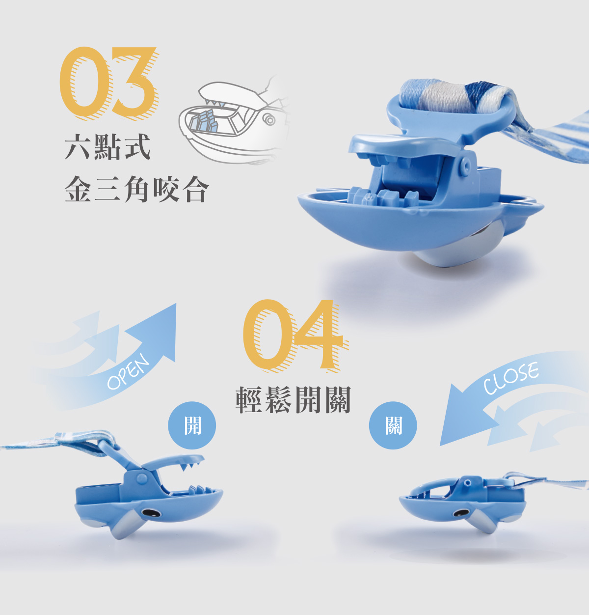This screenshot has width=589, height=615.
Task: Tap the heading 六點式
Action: [107, 147]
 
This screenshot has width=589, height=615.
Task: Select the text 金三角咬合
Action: [137, 189]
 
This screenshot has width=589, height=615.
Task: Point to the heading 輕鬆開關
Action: [294, 399]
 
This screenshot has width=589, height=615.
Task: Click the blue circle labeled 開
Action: [192, 425]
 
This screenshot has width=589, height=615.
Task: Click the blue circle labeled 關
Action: [393, 425]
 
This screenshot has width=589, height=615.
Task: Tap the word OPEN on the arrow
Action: [128, 371]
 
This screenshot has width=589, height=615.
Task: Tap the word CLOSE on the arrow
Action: [510, 378]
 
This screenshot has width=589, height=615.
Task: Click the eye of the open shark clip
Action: [150, 513]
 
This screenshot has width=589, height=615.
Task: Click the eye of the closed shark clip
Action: [461, 513]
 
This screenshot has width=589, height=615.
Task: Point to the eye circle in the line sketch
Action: [270, 120]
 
